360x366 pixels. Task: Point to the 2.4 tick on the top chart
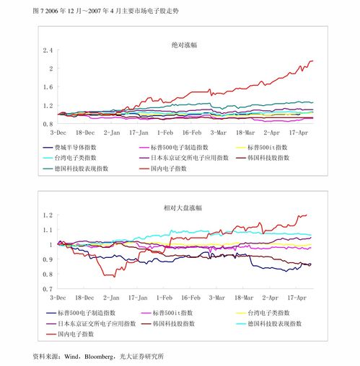coord(48,50)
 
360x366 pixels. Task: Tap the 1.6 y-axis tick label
coord(48,87)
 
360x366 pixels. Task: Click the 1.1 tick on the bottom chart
coord(48,230)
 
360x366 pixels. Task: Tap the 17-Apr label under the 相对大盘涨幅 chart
coord(298,297)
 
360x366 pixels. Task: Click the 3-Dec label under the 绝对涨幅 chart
coord(58,133)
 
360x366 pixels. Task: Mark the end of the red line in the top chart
coord(312,61)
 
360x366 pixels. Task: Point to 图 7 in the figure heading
coord(19,12)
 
